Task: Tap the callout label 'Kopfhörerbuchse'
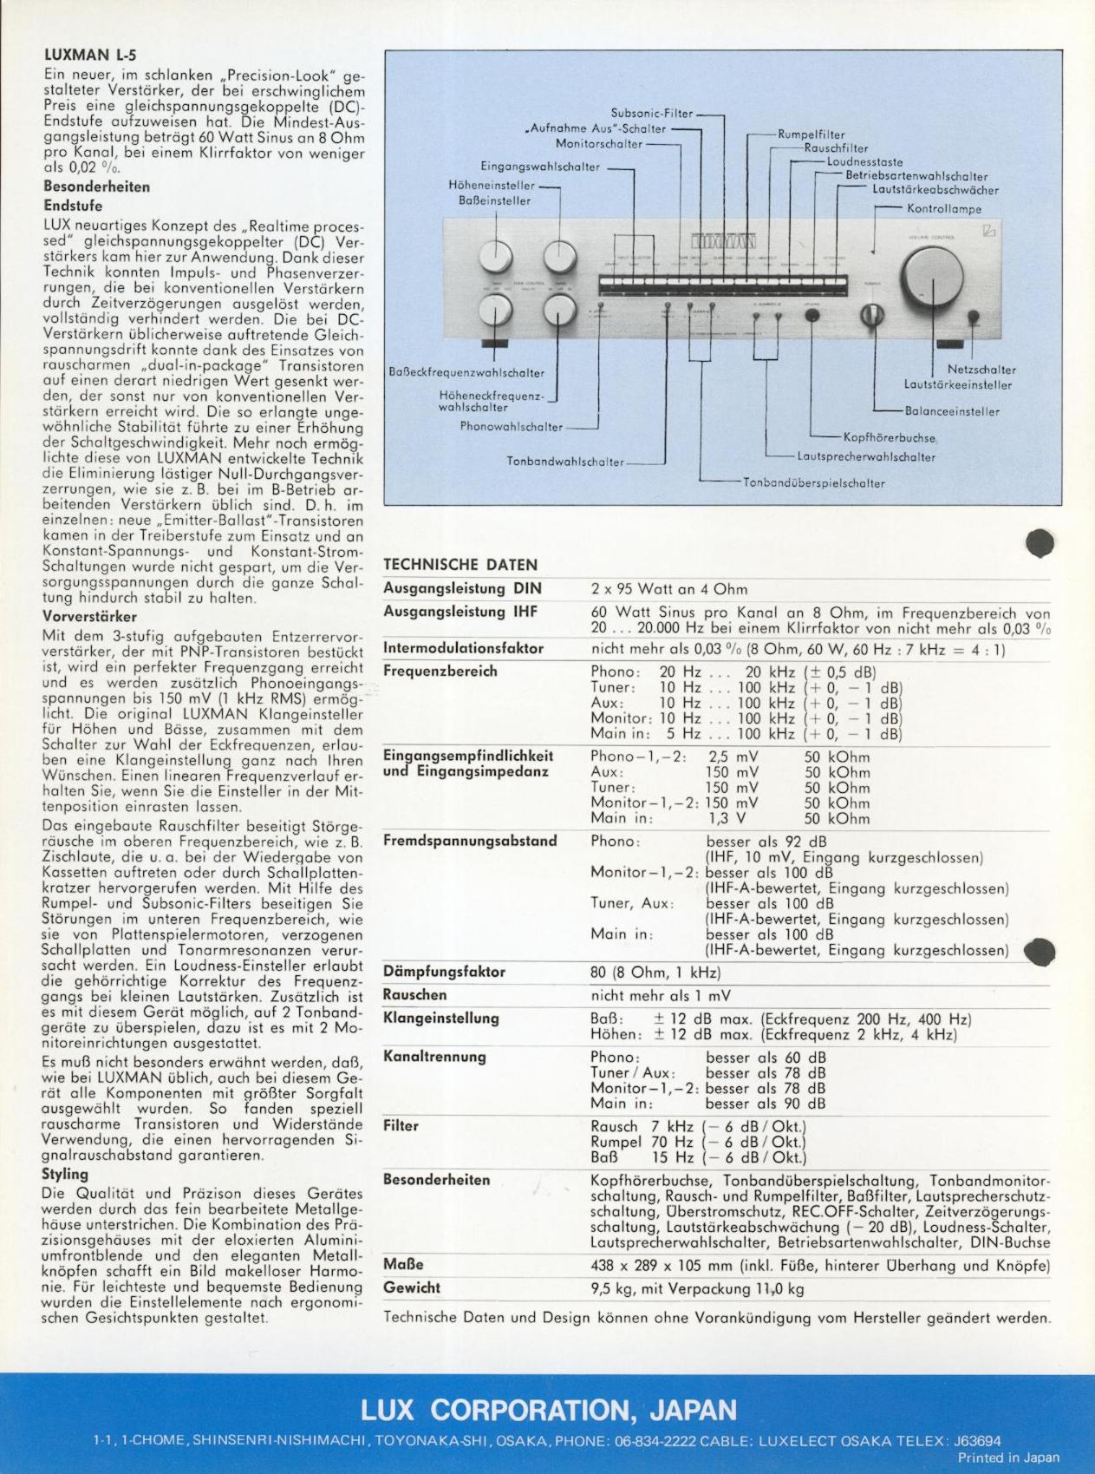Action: pos(890,438)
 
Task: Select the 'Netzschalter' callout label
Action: pos(981,370)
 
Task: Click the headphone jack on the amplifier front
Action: pos(812,314)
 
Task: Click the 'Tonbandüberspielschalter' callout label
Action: pos(814,483)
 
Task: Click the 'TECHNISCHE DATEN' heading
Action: pos(460,565)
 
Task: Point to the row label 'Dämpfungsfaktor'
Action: pos(444,972)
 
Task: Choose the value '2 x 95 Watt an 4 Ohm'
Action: pos(668,590)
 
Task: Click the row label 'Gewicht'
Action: pos(412,1288)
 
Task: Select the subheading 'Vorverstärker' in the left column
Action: pos(89,617)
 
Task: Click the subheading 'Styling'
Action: pos(65,1174)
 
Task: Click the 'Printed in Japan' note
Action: pos(1008,1458)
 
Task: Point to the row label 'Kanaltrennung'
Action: pos(434,1057)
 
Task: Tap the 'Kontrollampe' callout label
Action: pos(944,209)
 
